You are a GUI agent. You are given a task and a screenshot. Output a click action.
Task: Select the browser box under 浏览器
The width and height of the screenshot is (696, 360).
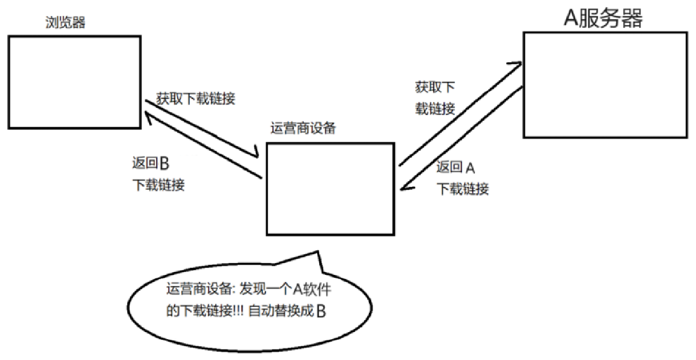point(74,82)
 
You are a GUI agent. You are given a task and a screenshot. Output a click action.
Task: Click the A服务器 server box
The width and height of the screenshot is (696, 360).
point(605,85)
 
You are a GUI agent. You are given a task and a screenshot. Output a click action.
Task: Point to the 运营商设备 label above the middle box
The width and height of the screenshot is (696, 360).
point(303,129)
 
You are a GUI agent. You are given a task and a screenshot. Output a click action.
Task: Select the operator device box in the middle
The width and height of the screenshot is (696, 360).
point(330,189)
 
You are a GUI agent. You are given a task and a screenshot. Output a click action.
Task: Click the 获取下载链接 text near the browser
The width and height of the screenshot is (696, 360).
point(196,98)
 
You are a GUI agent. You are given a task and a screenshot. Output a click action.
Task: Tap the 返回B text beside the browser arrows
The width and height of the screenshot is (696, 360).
point(151,164)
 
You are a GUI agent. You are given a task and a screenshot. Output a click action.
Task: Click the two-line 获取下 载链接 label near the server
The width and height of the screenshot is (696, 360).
point(435,98)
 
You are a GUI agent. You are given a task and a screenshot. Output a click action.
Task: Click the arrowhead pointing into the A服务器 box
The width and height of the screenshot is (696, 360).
point(517,64)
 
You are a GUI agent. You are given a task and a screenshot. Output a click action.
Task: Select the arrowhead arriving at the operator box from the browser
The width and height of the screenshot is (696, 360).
point(256,154)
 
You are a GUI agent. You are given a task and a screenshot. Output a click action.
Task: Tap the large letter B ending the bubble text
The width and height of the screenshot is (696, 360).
point(321,311)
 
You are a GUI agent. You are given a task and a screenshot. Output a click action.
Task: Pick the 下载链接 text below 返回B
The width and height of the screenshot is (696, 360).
point(159,185)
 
